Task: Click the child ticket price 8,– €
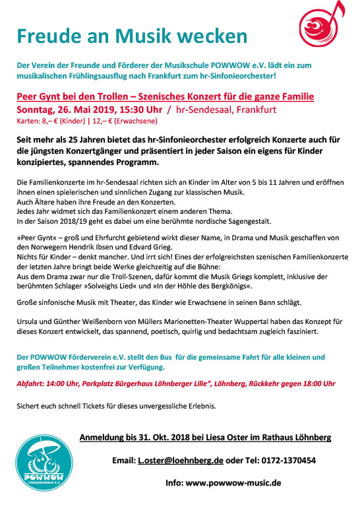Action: [x=50, y=121]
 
